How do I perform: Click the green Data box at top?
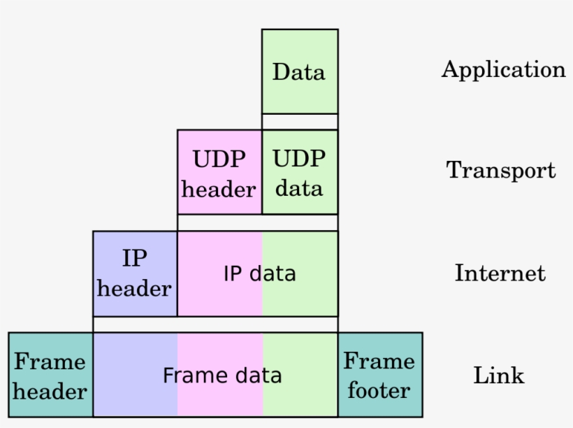click(x=300, y=71)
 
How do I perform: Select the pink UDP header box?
click(x=219, y=172)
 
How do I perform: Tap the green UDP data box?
click(x=300, y=172)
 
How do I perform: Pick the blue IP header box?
click(x=135, y=273)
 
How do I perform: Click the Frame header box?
click(x=50, y=375)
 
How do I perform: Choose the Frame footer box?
click(x=380, y=375)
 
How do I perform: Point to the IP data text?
click(x=259, y=273)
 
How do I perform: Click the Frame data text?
click(x=222, y=376)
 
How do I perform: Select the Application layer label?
click(x=503, y=70)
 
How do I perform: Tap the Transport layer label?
click(x=501, y=170)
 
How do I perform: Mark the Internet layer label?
click(x=500, y=272)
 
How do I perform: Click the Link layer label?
click(x=498, y=375)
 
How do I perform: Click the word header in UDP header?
click(x=219, y=189)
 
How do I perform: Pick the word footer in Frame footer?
click(x=379, y=390)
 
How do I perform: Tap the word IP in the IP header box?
click(x=135, y=258)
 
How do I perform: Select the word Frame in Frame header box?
click(x=50, y=361)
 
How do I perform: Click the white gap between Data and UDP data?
click(x=300, y=122)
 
